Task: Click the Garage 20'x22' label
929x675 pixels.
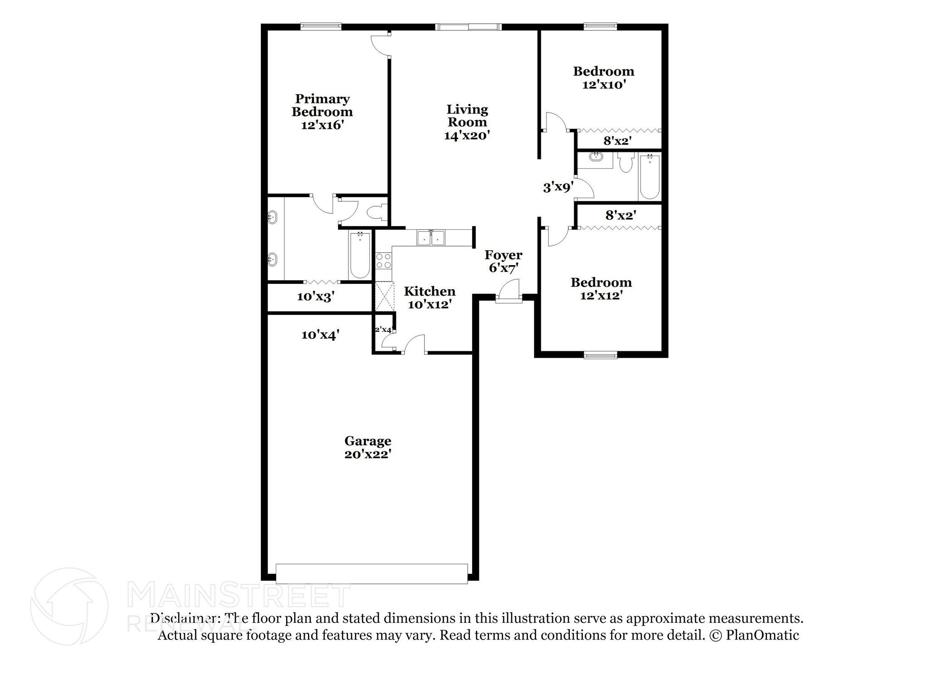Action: coord(367,447)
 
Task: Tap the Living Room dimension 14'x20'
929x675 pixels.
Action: coord(467,136)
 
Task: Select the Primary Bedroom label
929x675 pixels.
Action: coord(322,106)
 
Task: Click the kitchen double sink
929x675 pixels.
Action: coord(431,238)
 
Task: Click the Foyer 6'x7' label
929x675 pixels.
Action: coord(503,262)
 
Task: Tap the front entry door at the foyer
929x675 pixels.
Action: coord(509,292)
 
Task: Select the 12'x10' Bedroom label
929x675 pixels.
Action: coord(604,78)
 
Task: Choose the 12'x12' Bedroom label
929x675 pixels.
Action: coord(601,289)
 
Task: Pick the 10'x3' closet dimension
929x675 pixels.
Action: coord(316,297)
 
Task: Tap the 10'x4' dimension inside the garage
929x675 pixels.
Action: coord(320,335)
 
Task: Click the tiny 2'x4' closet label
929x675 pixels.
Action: coord(383,330)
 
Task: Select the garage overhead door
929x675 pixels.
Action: coord(372,573)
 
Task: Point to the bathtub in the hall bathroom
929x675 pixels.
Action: coord(650,177)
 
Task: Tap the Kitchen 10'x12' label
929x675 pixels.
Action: coord(429,298)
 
